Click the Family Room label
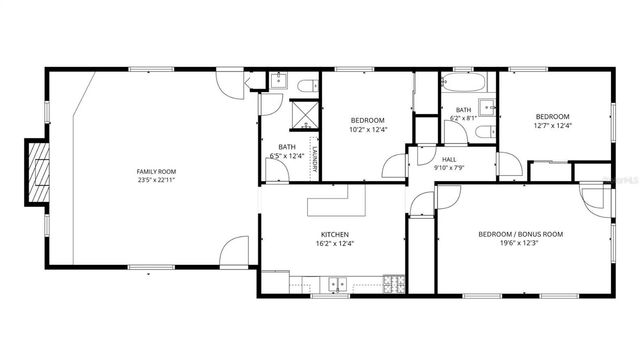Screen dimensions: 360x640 (156, 171)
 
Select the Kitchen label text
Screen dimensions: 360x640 (334, 234)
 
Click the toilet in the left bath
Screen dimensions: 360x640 (308, 83)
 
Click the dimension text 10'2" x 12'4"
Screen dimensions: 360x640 (367, 129)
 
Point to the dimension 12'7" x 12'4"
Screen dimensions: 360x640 (551, 125)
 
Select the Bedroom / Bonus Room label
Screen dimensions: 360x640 (520, 234)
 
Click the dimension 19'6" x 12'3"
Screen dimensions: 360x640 (520, 243)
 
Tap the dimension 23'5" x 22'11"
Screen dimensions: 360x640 (156, 180)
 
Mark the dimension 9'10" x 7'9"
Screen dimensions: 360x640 (449, 167)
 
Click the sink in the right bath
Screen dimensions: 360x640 (488, 107)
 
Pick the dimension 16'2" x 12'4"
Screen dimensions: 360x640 (334, 243)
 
